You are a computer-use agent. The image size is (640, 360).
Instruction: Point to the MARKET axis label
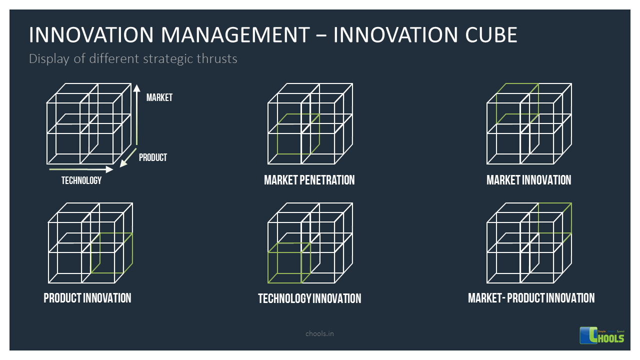pyautogui.click(x=159, y=97)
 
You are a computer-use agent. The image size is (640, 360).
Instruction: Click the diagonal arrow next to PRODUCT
pyautogui.click(x=128, y=157)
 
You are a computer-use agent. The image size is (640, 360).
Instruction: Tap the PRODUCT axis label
pyautogui.click(x=152, y=157)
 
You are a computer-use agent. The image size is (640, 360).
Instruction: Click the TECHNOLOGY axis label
pyautogui.click(x=81, y=180)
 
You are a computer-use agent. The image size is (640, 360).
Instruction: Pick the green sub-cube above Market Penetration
pyautogui.click(x=298, y=134)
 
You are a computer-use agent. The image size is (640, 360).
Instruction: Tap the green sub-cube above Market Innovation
pyautogui.click(x=517, y=104)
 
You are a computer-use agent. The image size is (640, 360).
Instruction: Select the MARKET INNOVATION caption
pyautogui.click(x=528, y=180)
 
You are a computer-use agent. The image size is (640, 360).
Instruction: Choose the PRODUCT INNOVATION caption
pyautogui.click(x=87, y=298)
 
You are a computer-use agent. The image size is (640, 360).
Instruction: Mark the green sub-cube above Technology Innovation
pyautogui.click(x=289, y=262)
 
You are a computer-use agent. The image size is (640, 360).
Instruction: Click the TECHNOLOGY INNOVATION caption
pyautogui.click(x=309, y=298)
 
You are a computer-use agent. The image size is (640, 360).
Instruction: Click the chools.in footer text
pyautogui.click(x=319, y=333)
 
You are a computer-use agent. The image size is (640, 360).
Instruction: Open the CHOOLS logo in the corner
pyautogui.click(x=602, y=335)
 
